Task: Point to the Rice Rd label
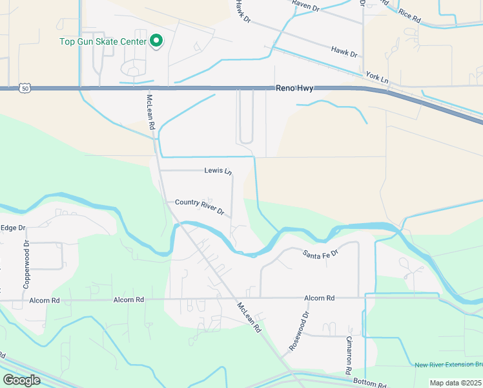[409, 16]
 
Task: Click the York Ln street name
[377, 78]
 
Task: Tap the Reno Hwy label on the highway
[294, 88]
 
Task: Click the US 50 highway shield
[24, 87]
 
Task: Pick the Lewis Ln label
[218, 171]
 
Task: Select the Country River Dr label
[200, 207]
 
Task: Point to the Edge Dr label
[12, 228]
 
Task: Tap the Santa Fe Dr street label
[320, 254]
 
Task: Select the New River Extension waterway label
[448, 365]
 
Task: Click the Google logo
[21, 380]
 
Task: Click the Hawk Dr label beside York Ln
[344, 51]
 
